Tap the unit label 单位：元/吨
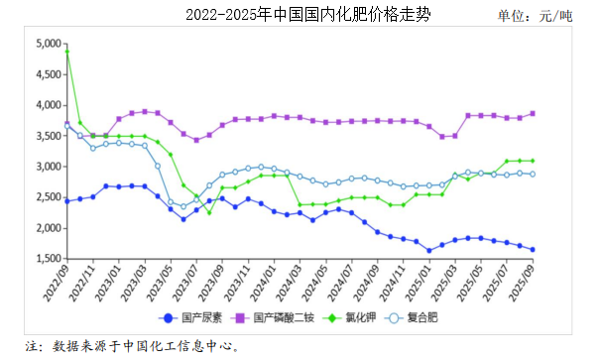pyautogui.click(x=536, y=17)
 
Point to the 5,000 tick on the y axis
pyautogui.click(x=48, y=44)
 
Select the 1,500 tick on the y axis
pyautogui.click(x=48, y=259)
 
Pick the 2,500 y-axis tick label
pyautogui.click(x=48, y=197)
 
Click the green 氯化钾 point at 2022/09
pyautogui.click(x=66, y=51)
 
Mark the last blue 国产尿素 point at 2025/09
pyautogui.click(x=533, y=250)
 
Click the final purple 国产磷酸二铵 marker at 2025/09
pyautogui.click(x=533, y=113)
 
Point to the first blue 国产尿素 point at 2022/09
pyautogui.click(x=66, y=200)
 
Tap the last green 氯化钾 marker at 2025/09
pyautogui.click(x=533, y=161)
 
